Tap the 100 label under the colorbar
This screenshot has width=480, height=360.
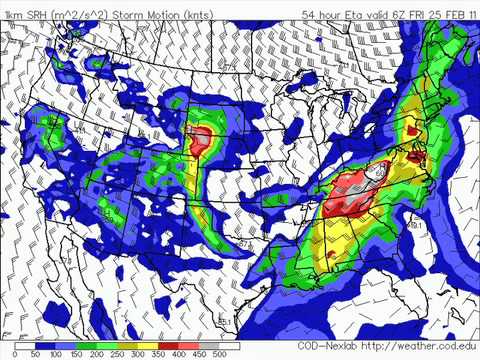[x=57, y=354]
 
